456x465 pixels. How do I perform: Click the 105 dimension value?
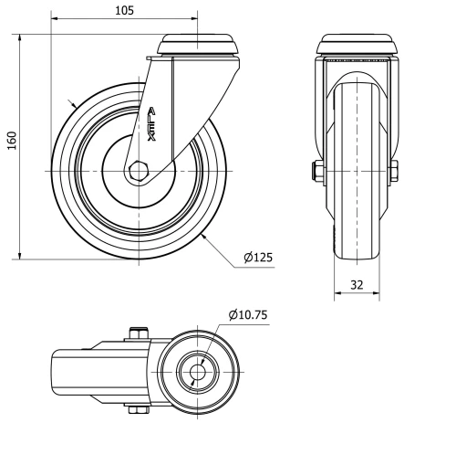[x=124, y=10]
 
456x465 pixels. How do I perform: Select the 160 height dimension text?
[x=12, y=142]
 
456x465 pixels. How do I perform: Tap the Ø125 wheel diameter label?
[x=258, y=259]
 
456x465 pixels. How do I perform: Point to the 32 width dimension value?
[x=357, y=284]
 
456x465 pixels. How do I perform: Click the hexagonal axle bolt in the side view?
[x=138, y=171]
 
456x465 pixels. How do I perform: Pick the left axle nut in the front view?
[x=315, y=171]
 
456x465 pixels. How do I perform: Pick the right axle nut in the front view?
[x=395, y=171]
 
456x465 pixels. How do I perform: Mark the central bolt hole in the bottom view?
[x=197, y=373]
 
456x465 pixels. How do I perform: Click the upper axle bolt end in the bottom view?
[x=139, y=333]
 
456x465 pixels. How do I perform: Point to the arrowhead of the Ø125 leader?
[x=205, y=235]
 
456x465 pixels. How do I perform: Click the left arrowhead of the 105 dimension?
[x=54, y=18]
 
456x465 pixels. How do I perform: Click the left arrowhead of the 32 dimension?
[x=336, y=294]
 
